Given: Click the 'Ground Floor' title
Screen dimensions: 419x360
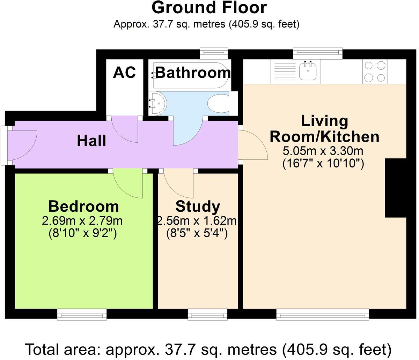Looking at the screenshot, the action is point(209,8).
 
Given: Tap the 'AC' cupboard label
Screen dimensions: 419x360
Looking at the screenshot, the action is point(124,72).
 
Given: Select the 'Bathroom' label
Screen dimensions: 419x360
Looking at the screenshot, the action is point(193,73).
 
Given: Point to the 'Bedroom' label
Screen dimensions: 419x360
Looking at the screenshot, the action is point(83,206).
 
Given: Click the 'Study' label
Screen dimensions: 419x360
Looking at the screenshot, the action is point(198,207).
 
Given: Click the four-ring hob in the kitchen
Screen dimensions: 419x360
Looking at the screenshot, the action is point(375,72).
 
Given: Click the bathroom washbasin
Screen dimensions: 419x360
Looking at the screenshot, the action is point(157,104).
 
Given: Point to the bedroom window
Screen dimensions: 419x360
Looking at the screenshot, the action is point(82,314).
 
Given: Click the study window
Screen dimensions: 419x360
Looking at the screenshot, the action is point(207,314).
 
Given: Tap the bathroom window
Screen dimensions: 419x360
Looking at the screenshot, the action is point(214,53).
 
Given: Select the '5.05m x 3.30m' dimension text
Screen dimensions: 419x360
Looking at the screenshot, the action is point(323,151).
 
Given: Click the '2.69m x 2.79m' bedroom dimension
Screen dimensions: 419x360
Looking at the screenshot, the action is point(82,221).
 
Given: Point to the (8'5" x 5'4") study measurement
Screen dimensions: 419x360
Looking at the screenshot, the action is point(197,234).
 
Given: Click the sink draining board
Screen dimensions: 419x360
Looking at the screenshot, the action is point(285,72).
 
